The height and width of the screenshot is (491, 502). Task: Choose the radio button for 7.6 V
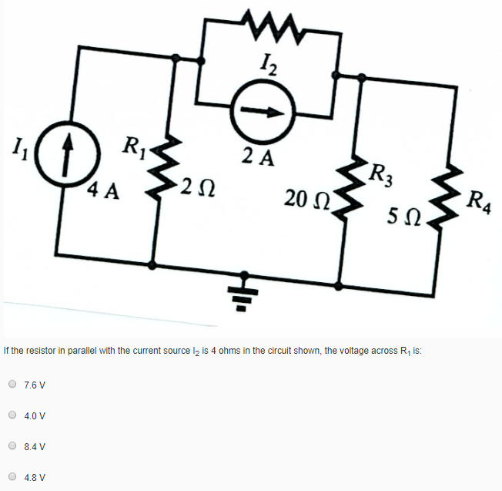(x=13, y=384)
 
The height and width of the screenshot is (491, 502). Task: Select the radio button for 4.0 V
(x=13, y=415)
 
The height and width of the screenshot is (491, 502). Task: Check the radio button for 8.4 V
(x=13, y=446)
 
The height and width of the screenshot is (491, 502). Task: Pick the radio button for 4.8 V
(x=13, y=476)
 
